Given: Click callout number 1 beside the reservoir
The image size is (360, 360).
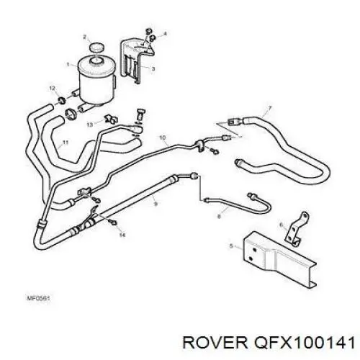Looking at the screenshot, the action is [x=68, y=64].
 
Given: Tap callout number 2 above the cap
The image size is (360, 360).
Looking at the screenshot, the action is [x=84, y=37].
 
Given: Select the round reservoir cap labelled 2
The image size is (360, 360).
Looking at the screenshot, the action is [x=96, y=47].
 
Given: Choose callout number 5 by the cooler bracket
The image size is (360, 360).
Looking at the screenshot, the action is [x=231, y=246].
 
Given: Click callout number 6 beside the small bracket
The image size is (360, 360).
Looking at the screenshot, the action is [x=282, y=225].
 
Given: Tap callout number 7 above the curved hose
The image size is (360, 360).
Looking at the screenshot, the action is [x=269, y=109].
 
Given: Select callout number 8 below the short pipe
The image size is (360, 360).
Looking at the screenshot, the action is [x=219, y=216].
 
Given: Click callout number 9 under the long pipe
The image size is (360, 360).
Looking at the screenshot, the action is [x=156, y=204].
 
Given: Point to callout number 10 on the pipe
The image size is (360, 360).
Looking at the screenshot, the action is [x=163, y=138].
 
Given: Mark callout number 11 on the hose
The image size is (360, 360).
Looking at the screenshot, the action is [x=66, y=143].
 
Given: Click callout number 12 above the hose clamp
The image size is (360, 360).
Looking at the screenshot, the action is [x=53, y=89].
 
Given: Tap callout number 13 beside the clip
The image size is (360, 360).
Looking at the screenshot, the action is [x=90, y=125].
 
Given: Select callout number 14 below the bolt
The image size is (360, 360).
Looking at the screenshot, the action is [x=122, y=235].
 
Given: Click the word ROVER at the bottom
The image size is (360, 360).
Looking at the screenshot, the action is [x=215, y=342].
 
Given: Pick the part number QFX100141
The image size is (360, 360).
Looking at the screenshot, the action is [x=305, y=342].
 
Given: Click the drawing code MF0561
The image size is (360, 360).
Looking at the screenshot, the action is [x=37, y=299].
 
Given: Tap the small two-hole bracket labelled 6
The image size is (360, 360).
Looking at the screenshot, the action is [x=297, y=229].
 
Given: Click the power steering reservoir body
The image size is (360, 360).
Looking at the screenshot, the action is [x=96, y=81].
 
